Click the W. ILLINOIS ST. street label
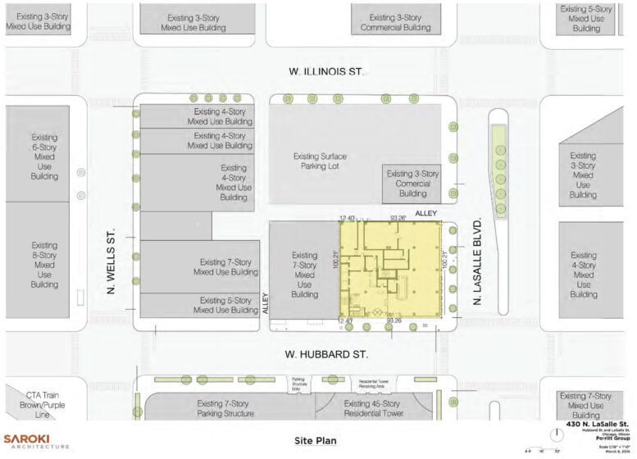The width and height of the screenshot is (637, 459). tap(326, 72)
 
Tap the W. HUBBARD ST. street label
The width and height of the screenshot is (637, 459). tap(326, 354)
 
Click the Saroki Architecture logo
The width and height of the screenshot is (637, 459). tap(36, 441)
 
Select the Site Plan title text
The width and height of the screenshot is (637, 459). tap(316, 441)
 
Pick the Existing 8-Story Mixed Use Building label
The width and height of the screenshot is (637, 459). tap(44, 264)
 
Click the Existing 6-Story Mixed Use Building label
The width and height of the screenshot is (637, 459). tap(44, 156)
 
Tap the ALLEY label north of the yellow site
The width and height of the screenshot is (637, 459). tap(427, 213)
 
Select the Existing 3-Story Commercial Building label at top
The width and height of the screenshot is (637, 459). tap(395, 22)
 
